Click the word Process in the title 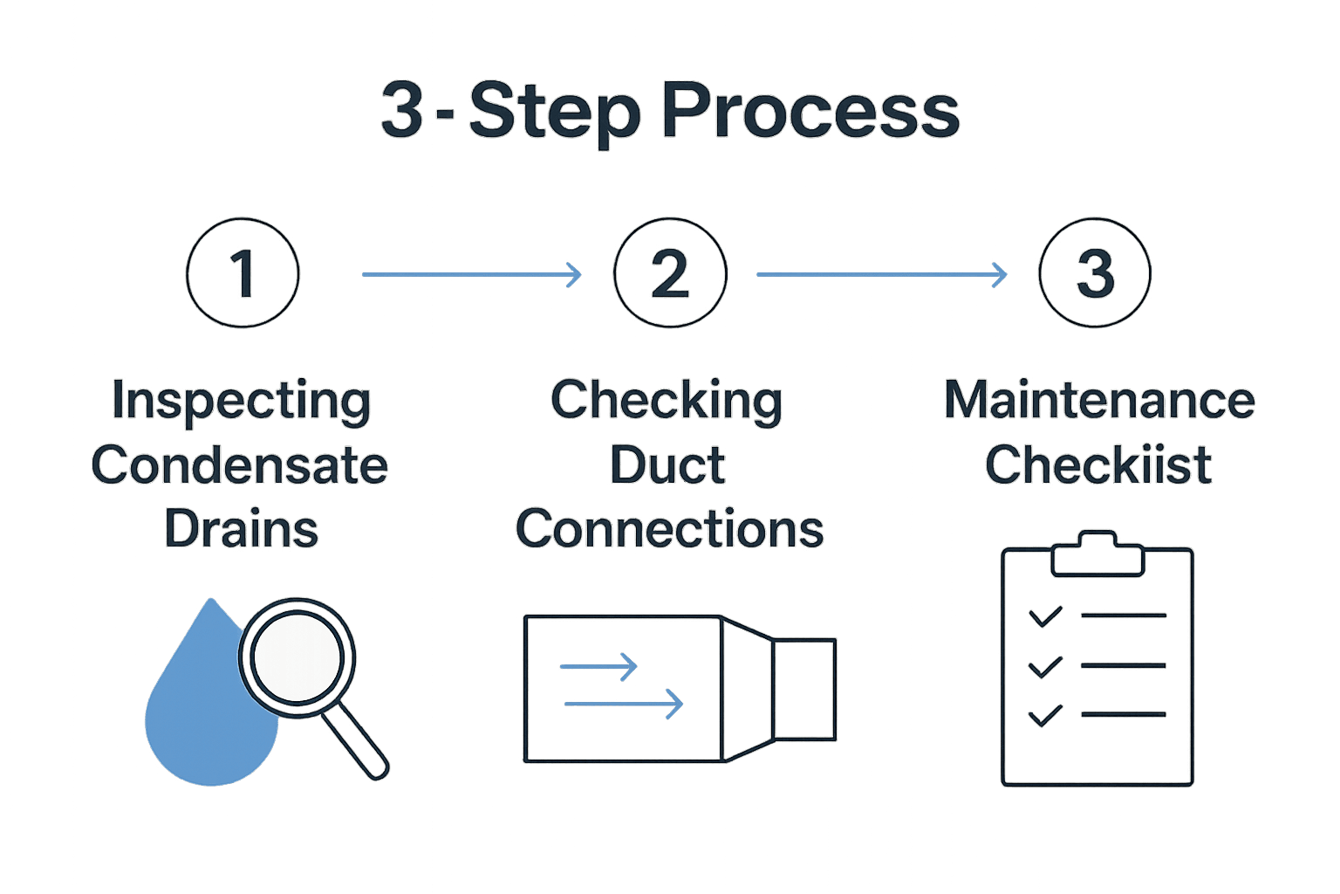[810, 112]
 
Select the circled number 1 [243, 273]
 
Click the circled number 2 [670, 273]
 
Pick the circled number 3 [1095, 273]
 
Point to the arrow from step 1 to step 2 [471, 274]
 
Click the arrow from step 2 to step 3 [881, 274]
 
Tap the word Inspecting [242, 402]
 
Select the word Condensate [240, 465]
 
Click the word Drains [242, 529]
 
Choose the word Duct [667, 465]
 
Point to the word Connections [670, 529]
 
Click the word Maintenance [1099, 401]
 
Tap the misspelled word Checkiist [1098, 465]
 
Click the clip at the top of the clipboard [1097, 555]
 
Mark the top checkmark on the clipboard [1045, 616]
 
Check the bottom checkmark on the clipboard [1045, 715]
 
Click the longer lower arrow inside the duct [623, 704]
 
